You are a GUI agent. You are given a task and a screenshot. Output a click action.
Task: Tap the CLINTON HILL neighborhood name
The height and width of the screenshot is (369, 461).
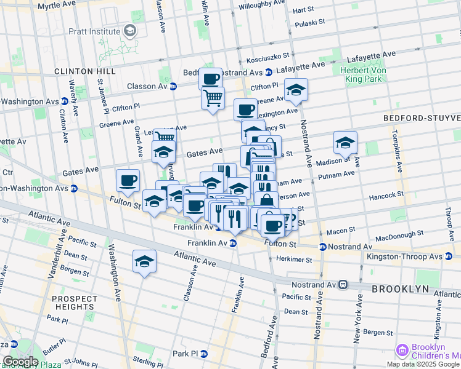pos(85,71)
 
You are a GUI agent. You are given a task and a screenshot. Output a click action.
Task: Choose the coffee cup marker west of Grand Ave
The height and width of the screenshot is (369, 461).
pos(128,180)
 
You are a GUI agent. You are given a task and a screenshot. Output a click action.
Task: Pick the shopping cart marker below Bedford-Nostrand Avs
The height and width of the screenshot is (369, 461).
pos(213,98)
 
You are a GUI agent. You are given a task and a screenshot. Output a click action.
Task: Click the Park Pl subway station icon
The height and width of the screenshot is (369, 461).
pos(204,354)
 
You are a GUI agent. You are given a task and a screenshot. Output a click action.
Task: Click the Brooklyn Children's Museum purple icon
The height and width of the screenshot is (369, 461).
pos(402,351)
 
